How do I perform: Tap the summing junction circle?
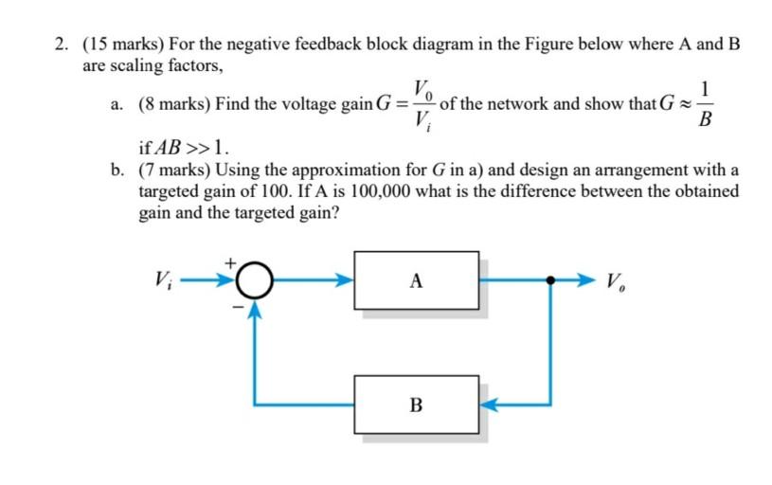coord(255,280)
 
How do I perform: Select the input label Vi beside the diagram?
coord(162,280)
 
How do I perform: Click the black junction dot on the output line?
coord(551,280)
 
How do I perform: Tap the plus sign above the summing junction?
coord(229,258)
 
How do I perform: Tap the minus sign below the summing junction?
coord(229,306)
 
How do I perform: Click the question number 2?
coord(61,45)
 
